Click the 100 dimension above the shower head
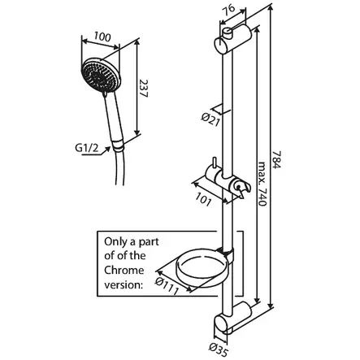click(102, 37)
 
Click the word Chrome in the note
click(122, 269)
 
